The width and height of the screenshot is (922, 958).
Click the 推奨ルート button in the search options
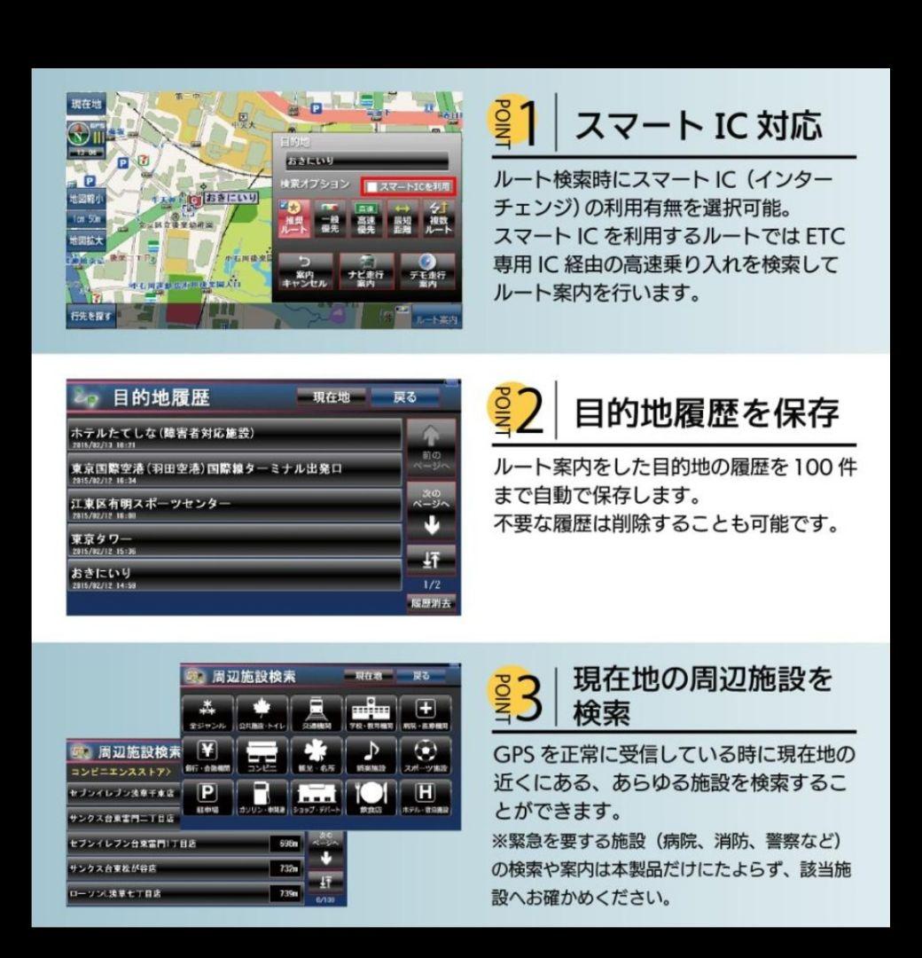click(294, 220)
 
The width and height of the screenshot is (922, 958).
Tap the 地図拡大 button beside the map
click(86, 240)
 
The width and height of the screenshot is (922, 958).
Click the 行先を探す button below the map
click(90, 315)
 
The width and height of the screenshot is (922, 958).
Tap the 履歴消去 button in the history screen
click(431, 604)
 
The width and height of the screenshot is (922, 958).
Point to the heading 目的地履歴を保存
click(707, 412)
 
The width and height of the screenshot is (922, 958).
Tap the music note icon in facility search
click(372, 755)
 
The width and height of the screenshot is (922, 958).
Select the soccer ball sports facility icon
click(426, 755)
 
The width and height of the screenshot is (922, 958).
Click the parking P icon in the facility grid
click(207, 797)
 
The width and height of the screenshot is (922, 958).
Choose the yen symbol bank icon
click(207, 755)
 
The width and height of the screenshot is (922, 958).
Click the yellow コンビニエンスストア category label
click(121, 772)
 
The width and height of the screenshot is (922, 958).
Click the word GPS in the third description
click(512, 755)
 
